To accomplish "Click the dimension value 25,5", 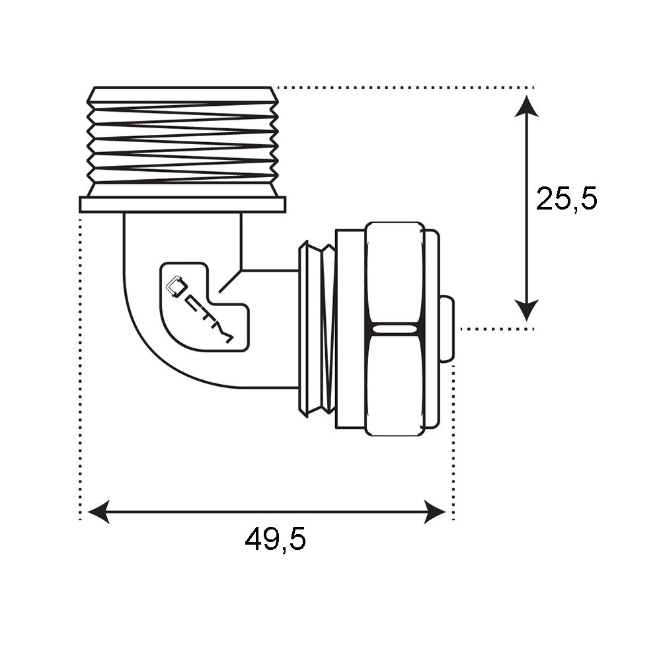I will click(x=566, y=198).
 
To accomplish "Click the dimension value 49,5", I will click(x=275, y=540).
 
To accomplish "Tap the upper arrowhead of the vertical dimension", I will click(x=526, y=106).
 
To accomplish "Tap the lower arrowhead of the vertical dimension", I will click(x=526, y=310).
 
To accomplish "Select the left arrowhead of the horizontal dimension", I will click(x=98, y=512).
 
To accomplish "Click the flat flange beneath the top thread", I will click(x=182, y=205).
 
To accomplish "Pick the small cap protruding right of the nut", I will click(x=447, y=329).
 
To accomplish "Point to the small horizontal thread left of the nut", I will click(x=317, y=329).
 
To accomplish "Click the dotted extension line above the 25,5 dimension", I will click(x=403, y=87).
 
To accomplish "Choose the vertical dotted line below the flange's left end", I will click(x=80, y=364).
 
